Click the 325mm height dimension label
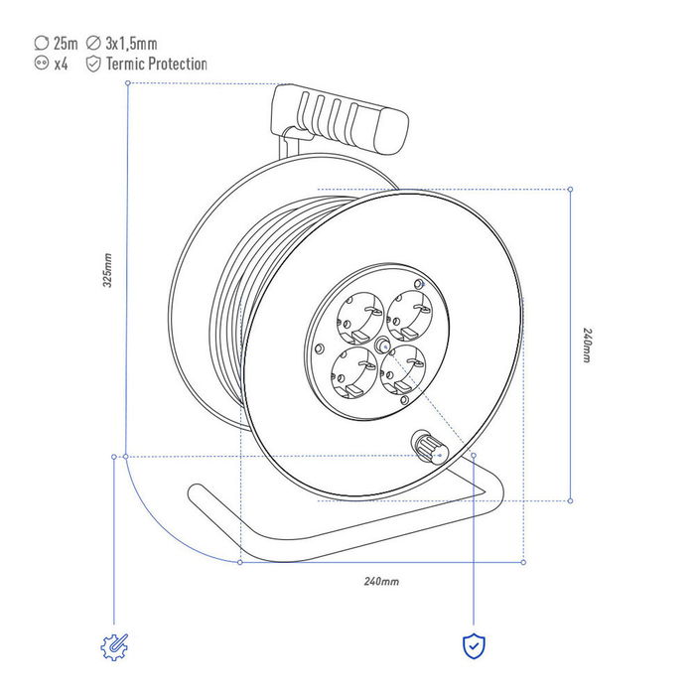click(x=107, y=270)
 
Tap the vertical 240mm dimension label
click(x=587, y=346)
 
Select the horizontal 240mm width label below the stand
click(x=381, y=581)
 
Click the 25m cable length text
click(x=66, y=44)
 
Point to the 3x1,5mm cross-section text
click(x=131, y=44)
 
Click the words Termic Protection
click(x=157, y=64)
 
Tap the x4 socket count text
click(x=61, y=65)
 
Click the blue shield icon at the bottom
click(x=474, y=646)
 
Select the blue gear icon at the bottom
click(x=114, y=647)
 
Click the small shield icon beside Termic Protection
click(x=93, y=64)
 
